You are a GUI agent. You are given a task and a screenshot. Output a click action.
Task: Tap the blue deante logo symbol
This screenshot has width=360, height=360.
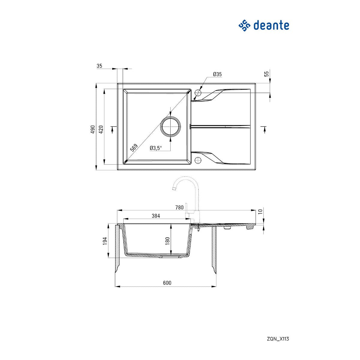(x=244, y=25)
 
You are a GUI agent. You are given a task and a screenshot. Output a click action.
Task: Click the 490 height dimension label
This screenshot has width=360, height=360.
(x=93, y=129)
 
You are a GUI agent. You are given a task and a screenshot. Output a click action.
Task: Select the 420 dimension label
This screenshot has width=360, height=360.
(x=101, y=129)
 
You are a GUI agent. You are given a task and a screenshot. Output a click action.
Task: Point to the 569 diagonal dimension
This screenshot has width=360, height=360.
(x=134, y=148)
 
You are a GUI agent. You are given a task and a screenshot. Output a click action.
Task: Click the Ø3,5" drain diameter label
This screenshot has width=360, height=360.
(x=156, y=148)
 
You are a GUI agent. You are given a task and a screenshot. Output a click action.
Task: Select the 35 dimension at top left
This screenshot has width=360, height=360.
(x=100, y=66)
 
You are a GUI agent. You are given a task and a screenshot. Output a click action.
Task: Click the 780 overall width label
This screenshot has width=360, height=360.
(x=179, y=207)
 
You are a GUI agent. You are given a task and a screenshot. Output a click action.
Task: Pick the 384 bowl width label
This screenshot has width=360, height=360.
(x=156, y=216)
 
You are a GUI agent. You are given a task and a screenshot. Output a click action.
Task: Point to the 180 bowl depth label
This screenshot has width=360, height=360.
(x=167, y=241)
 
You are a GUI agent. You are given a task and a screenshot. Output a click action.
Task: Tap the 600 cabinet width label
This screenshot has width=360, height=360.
(x=167, y=283)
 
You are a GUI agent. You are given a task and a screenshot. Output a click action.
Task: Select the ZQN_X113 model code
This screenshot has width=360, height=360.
(x=277, y=339)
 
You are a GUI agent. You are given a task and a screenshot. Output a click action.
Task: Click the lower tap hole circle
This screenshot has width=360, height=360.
(x=198, y=160)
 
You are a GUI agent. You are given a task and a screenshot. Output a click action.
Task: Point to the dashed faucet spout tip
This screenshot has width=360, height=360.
(x=173, y=189)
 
